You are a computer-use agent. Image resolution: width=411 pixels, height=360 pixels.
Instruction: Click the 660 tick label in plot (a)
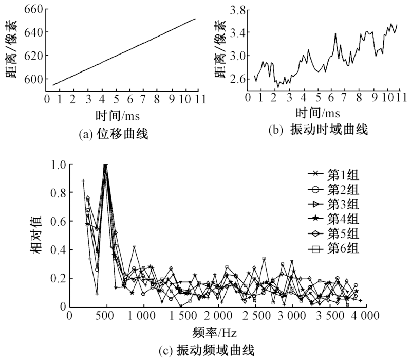(x=34, y=9)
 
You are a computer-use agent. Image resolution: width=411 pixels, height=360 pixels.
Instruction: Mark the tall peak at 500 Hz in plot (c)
(x=106, y=166)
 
